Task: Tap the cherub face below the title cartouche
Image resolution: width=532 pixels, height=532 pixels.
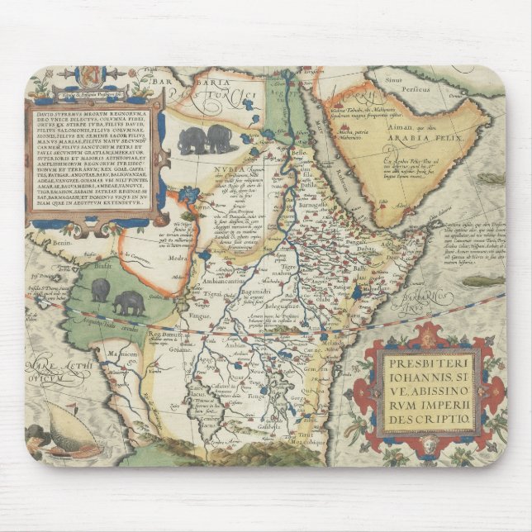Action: point(430,446)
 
